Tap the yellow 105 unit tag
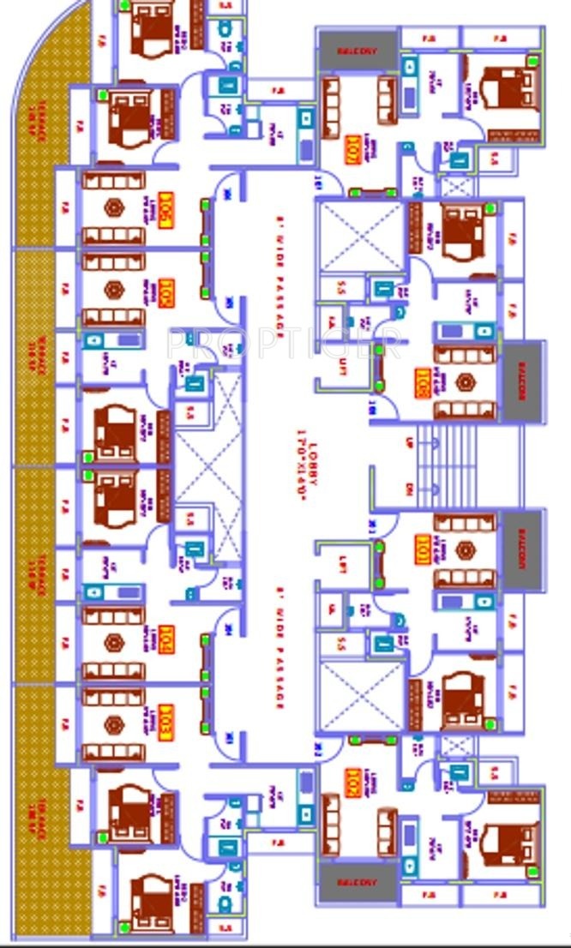tap(165, 209)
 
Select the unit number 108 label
tap(422, 381)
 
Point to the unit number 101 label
tap(422, 549)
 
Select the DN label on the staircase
tap(408, 489)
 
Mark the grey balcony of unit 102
tap(357, 882)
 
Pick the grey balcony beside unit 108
tap(522, 381)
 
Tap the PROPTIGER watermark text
tap(283, 344)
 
